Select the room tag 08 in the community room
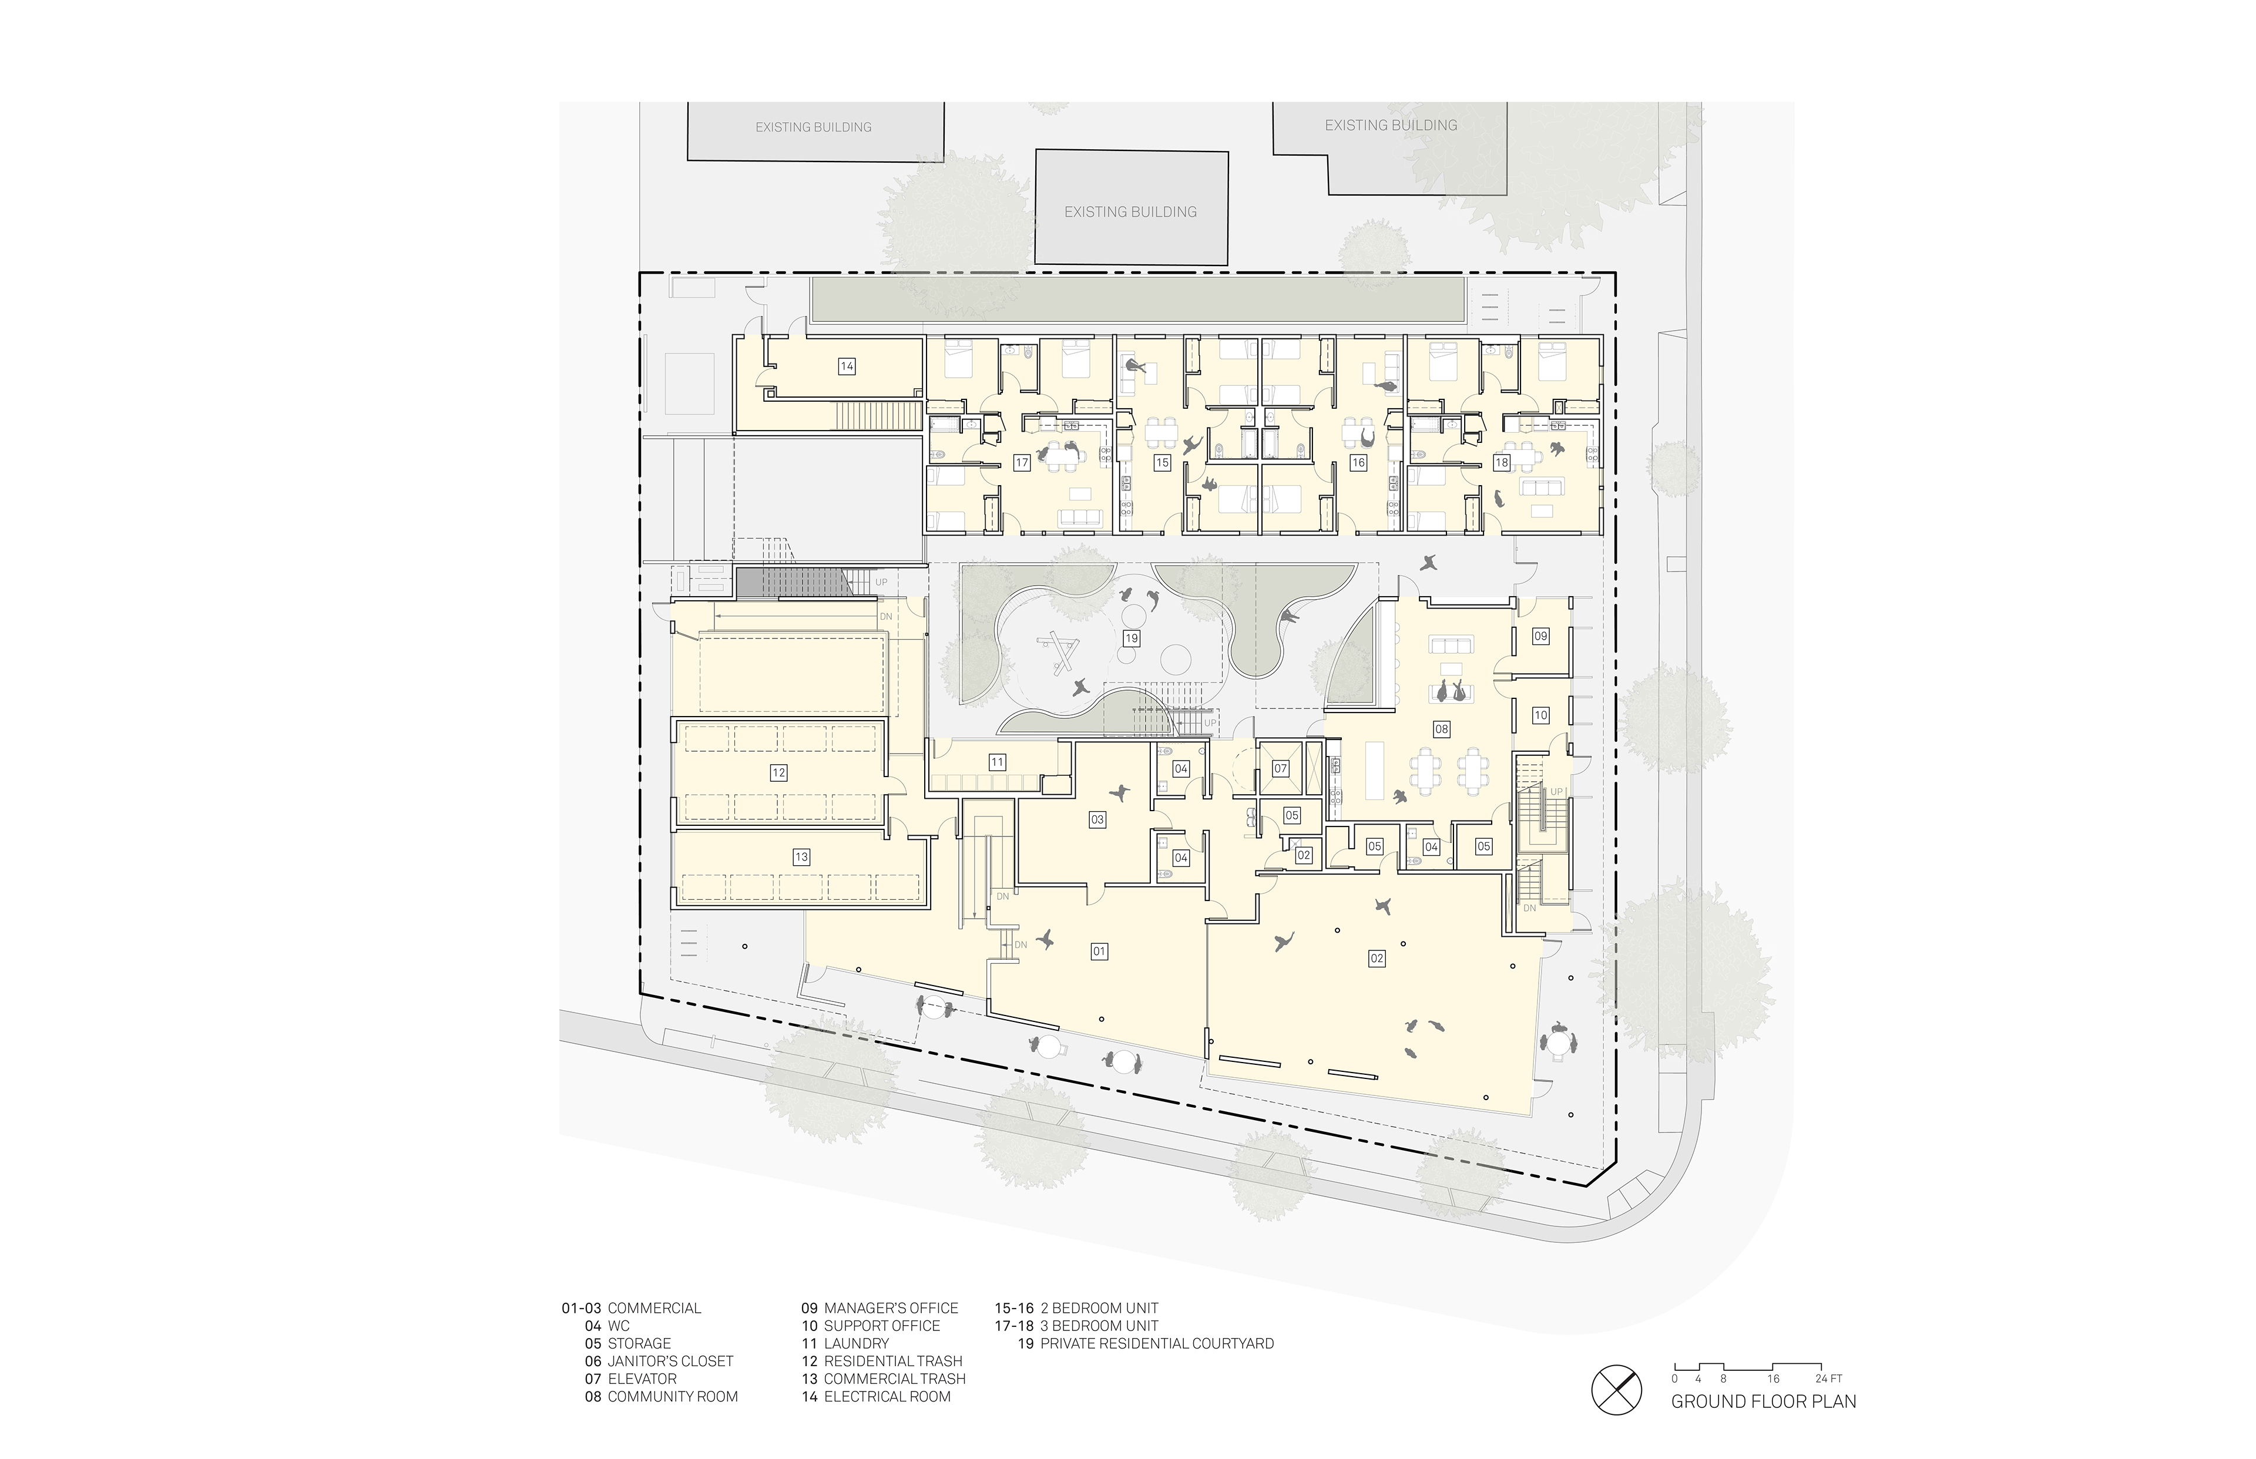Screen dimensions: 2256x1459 click(x=1441, y=728)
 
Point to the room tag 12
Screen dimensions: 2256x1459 click(x=778, y=772)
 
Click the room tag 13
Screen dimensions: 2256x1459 click(x=801, y=856)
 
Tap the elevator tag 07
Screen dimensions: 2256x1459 click(x=1280, y=768)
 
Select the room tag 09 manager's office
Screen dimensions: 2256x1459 click(x=1540, y=636)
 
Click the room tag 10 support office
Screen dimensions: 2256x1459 click(x=1540, y=715)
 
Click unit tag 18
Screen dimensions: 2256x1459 click(x=1502, y=462)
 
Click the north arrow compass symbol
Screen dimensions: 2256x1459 click(x=1616, y=1390)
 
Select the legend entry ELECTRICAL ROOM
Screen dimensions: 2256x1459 click(x=887, y=1397)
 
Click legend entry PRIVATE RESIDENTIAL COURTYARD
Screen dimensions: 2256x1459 click(x=1157, y=1343)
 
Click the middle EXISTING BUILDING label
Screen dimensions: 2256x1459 click(x=1130, y=212)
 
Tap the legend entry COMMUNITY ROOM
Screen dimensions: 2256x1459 click(x=673, y=1397)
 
